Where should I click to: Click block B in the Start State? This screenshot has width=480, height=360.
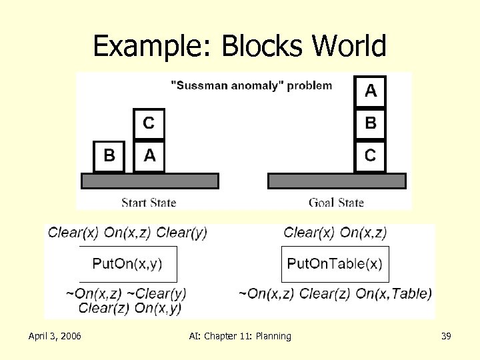[109, 156]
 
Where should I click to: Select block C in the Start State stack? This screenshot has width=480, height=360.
[149, 123]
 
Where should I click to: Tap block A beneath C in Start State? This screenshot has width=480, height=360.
[149, 156]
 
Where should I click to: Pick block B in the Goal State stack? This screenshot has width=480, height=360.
[371, 123]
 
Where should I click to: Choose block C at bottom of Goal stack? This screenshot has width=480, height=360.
[371, 156]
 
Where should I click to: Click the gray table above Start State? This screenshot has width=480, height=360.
[150, 181]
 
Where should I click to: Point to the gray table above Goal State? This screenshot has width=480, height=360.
[337, 181]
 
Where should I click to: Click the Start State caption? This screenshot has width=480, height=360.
[149, 202]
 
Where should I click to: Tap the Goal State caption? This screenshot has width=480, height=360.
[337, 202]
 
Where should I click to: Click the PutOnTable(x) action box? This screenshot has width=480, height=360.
[335, 263]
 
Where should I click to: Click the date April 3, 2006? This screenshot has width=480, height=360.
[55, 336]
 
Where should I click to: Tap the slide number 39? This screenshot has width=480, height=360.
[446, 336]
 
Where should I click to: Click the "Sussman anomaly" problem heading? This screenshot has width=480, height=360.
[251, 85]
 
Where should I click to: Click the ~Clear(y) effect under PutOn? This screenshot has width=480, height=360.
[158, 293]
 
